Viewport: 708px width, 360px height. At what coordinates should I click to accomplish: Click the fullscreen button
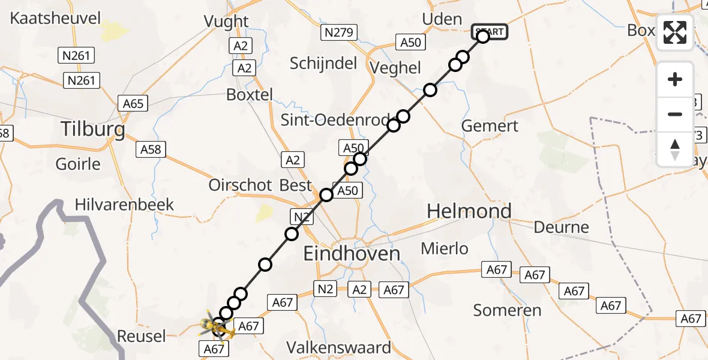pyautogui.click(x=675, y=32)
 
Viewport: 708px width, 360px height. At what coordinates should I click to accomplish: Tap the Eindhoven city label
pyautogui.click(x=352, y=254)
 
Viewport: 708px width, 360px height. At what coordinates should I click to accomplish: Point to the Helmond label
pyautogui.click(x=469, y=211)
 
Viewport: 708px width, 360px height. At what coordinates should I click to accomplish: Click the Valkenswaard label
pyautogui.click(x=338, y=347)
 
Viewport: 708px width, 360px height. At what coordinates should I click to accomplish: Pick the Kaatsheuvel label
pyautogui.click(x=56, y=18)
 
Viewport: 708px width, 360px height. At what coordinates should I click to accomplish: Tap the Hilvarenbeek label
pyautogui.click(x=124, y=205)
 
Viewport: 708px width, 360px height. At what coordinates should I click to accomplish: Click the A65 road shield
pyautogui.click(x=133, y=104)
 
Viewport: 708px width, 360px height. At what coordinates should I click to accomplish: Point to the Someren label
pyautogui.click(x=507, y=310)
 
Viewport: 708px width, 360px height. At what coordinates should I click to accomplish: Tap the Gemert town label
pyautogui.click(x=490, y=126)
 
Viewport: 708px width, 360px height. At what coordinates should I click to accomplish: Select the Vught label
pyautogui.click(x=226, y=22)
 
